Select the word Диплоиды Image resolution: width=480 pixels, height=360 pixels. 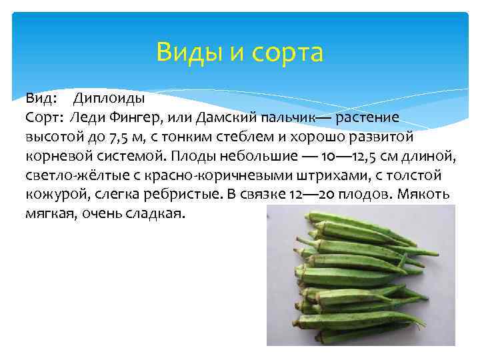click(x=109, y=99)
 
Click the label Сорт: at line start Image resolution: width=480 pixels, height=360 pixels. click(x=45, y=118)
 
